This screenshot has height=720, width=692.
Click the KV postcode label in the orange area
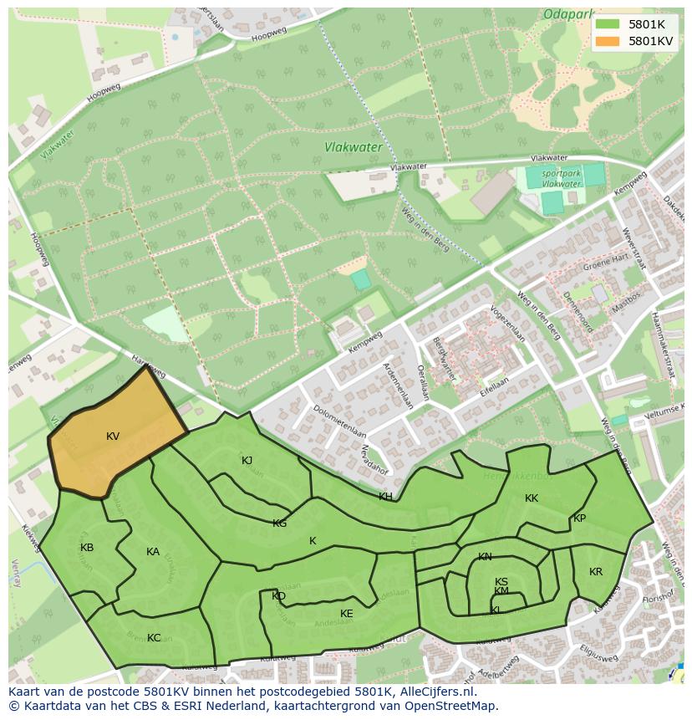coord(113,437)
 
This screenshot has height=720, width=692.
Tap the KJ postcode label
coord(247,461)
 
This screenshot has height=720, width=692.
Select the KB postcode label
coord(87,548)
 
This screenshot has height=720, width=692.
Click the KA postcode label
coord(153,552)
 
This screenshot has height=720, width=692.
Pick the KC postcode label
coord(154,638)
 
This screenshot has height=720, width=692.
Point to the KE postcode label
coord(347,614)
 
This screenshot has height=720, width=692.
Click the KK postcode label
coord(532,498)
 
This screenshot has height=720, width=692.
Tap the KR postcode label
coord(596,572)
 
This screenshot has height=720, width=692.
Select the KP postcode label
coord(579,518)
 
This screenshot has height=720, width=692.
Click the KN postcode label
coord(485,557)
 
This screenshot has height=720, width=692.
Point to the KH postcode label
coord(385,497)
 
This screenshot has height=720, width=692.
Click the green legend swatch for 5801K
coord(608,24)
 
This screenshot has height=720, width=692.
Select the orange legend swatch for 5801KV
coord(608,41)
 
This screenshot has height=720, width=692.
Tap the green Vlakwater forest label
coord(353,147)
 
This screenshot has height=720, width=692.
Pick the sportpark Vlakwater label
coord(561,178)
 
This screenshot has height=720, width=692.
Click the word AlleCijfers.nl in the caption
coord(435,692)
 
